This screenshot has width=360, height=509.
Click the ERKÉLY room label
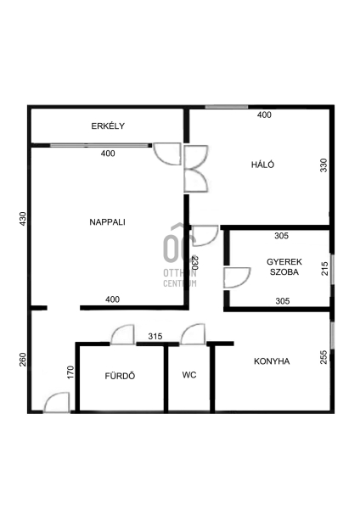coord(108,126)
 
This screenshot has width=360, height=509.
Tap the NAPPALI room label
coord(107,222)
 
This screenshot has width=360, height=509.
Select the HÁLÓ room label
coord(262,165)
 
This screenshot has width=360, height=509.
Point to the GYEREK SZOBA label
coord(284,266)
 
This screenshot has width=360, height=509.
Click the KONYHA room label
coord(272,361)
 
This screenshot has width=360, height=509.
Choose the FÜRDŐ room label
coord(120,376)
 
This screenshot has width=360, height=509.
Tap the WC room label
coord(189,375)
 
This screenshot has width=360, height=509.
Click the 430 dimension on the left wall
coord(22,219)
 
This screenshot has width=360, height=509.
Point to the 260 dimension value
coord(22,360)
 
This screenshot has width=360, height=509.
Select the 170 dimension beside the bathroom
coord(70,372)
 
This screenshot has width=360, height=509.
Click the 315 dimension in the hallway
coord(155,336)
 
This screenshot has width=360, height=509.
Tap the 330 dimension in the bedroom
coord(323,165)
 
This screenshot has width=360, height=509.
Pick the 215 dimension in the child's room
coord(325,269)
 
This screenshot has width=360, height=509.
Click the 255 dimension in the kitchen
coord(323,357)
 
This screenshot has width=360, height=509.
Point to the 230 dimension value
coord(194,263)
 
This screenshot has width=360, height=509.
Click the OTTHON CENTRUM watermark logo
coord(180,255)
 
